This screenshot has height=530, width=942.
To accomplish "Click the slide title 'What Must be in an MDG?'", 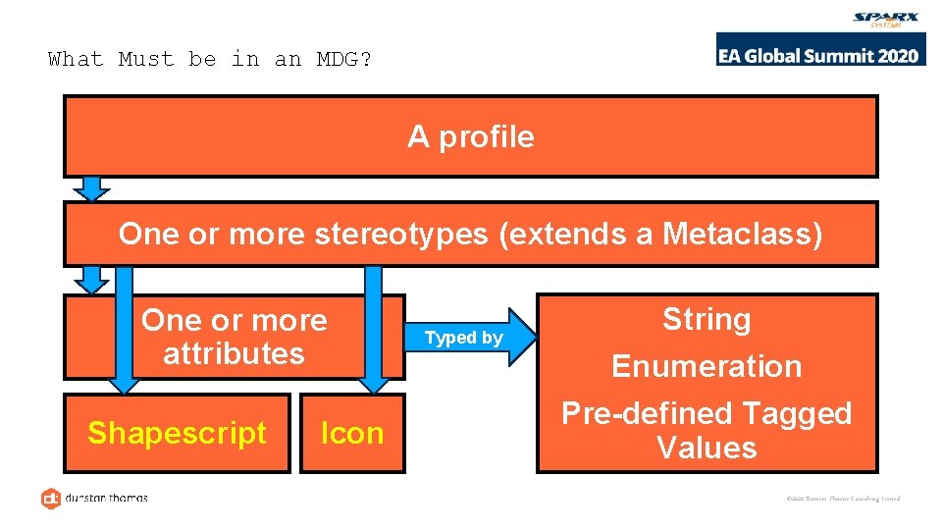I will point(210,59).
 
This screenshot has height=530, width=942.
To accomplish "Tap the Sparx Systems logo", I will point(887,20).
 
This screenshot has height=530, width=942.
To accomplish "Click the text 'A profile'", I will point(471,136).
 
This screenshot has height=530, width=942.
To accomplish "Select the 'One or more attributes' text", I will point(234,337).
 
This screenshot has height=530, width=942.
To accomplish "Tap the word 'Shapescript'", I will point(177,433).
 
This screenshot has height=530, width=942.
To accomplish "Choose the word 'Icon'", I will point(352,433).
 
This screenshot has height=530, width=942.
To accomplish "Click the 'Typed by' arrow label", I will point(463,338).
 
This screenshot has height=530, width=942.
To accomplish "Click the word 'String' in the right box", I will point(706,319).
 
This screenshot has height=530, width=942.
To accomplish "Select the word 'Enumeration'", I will point(706,366).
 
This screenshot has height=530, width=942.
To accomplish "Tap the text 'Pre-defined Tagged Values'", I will point(706,430).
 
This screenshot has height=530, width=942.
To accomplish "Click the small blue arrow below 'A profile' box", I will point(92,188).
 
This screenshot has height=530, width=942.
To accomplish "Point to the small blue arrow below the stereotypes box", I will point(92,280).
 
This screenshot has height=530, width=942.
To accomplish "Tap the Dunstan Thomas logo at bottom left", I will point(94,498).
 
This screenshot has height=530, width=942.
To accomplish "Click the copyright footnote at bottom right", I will point(843,499).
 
